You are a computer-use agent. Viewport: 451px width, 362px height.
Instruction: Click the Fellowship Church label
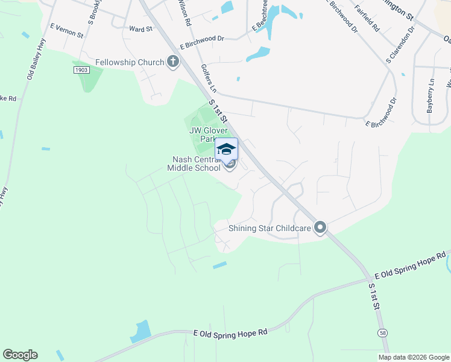pyautogui.click(x=130, y=62)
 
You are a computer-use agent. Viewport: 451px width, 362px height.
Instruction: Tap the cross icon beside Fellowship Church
pyautogui.click(x=174, y=62)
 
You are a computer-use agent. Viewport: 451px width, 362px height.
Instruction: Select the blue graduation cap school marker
pyautogui.click(x=227, y=150)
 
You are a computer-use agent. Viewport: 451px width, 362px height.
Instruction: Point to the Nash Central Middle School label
pyautogui.click(x=197, y=164)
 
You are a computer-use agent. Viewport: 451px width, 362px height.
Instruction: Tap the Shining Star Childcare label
pyautogui.click(x=270, y=228)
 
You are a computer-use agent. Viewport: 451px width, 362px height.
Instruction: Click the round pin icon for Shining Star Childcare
pyautogui.click(x=320, y=227)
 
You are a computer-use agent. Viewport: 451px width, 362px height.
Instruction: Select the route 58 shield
pyautogui.click(x=383, y=332)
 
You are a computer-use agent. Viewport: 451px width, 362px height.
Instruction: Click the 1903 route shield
pyautogui.click(x=82, y=70)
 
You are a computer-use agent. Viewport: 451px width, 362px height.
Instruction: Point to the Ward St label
pyautogui.click(x=140, y=28)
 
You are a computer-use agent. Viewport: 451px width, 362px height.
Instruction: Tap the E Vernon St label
pyautogui.click(x=66, y=31)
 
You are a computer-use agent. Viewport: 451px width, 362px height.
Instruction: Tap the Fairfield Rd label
pyautogui.click(x=367, y=19)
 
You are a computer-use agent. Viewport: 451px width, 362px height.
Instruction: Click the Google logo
pyautogui.click(x=20, y=355)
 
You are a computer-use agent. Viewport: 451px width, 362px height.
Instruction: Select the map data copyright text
pyautogui.click(x=413, y=357)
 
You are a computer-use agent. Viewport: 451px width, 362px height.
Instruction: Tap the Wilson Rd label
pyautogui.click(x=185, y=12)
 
